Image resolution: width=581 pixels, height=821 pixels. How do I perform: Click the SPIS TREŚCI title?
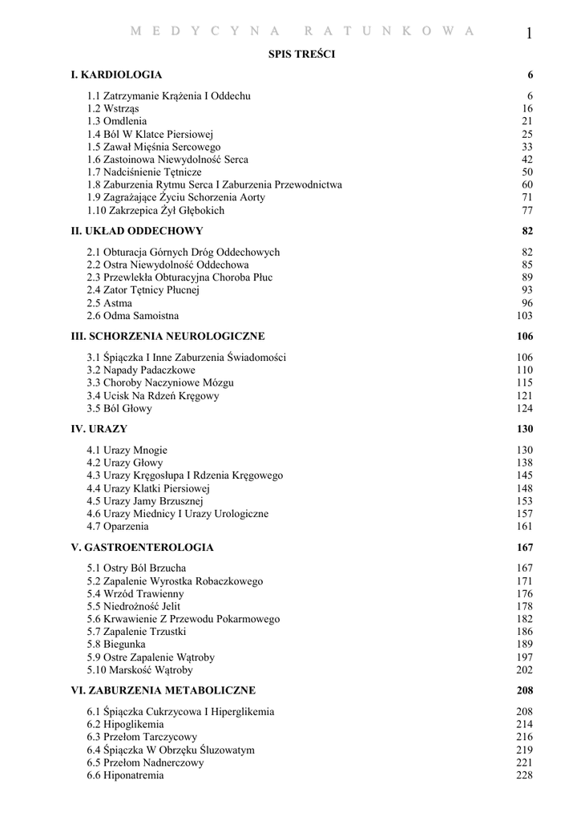(301, 55)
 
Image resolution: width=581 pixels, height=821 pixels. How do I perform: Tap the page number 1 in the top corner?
(530, 33)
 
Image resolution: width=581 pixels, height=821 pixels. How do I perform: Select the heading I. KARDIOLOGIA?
(116, 75)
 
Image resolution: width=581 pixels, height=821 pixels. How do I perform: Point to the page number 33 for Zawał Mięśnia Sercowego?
(527, 148)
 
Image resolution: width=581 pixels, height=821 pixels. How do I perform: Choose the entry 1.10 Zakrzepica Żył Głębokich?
(156, 211)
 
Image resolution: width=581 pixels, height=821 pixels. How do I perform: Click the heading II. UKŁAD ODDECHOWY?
(137, 231)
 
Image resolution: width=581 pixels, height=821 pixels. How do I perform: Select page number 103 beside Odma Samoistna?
(525, 316)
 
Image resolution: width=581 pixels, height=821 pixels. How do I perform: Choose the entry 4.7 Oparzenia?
(118, 527)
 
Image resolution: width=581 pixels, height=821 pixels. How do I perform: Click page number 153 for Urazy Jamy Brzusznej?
(525, 501)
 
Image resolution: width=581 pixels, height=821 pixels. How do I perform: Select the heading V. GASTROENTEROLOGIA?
(143, 548)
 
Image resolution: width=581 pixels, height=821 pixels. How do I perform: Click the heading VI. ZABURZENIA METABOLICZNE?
(163, 690)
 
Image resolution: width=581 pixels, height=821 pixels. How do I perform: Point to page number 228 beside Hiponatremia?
(525, 775)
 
